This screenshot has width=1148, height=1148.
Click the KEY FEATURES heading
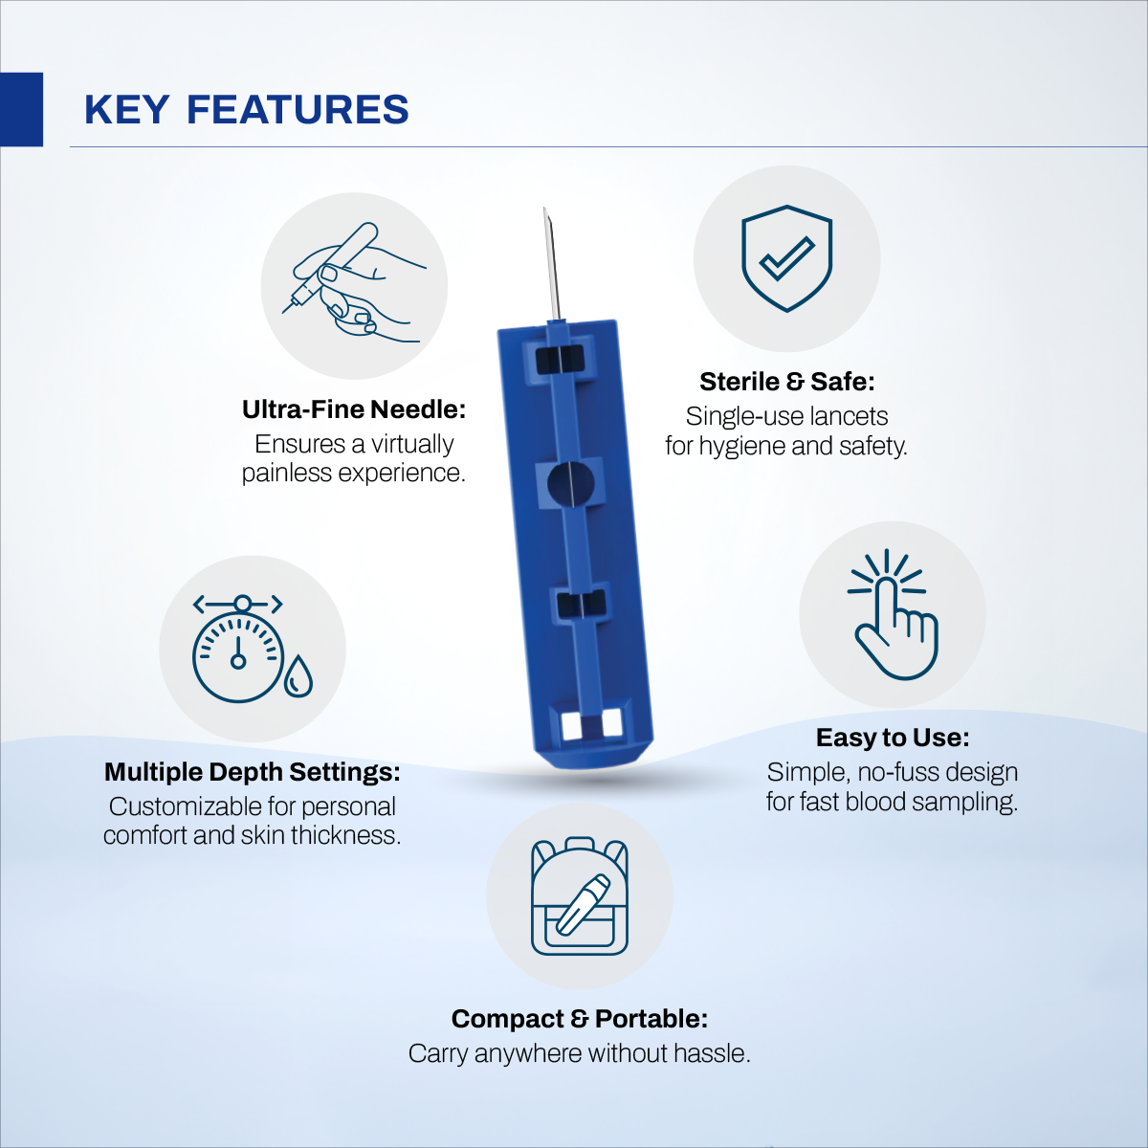click(247, 110)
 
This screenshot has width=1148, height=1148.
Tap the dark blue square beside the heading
click(21, 109)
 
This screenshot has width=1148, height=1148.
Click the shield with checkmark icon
click(786, 258)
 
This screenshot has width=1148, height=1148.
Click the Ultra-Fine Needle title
click(354, 409)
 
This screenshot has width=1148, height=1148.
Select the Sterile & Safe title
click(786, 382)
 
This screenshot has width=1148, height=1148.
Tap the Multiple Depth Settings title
click(252, 772)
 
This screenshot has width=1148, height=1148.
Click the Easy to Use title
click(893, 738)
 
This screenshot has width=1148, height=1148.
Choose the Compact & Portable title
click(580, 1019)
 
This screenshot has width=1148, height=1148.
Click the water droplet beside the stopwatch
click(298, 676)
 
